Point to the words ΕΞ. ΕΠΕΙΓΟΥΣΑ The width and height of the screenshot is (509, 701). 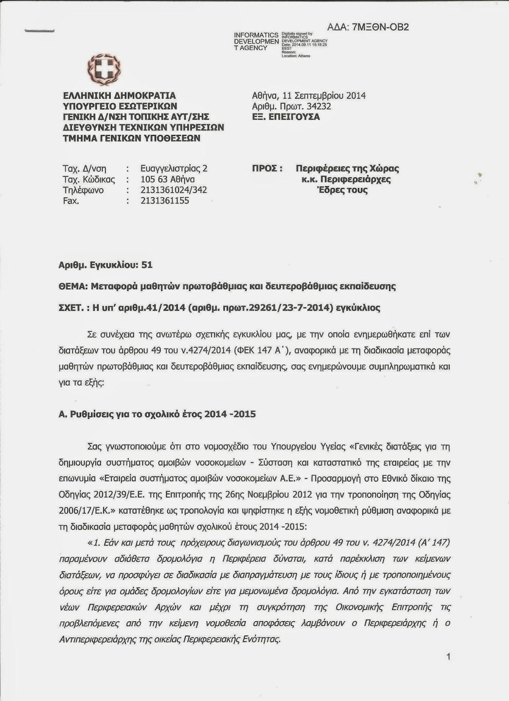click(x=286, y=117)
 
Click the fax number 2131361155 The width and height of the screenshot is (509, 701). click(x=165, y=201)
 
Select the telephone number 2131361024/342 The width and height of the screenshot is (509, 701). click(x=173, y=190)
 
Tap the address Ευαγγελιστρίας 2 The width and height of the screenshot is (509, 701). click(x=174, y=169)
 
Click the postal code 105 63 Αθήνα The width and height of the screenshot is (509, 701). click(x=167, y=179)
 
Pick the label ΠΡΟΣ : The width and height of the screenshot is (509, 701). click(x=267, y=169)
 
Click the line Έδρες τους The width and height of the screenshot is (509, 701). click(x=342, y=190)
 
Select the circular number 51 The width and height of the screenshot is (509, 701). click(x=147, y=265)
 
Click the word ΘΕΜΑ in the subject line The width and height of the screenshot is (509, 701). click(x=72, y=287)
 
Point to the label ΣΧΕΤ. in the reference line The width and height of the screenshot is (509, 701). click(x=71, y=308)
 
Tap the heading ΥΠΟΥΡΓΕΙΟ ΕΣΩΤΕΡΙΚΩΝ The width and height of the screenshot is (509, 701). click(x=120, y=106)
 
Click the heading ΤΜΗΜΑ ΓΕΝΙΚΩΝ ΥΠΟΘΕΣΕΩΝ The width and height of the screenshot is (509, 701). click(x=131, y=138)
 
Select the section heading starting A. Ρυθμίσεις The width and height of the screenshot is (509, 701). click(x=157, y=414)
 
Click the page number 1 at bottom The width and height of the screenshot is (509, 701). click(x=448, y=657)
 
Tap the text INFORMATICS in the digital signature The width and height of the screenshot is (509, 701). click(x=256, y=35)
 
